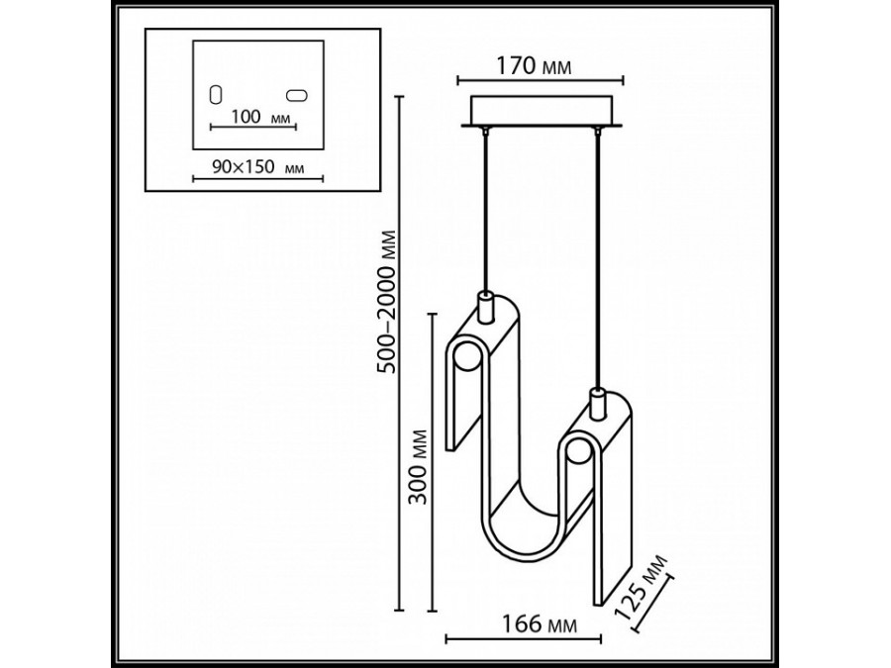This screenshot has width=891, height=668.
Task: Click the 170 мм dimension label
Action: click(x=535, y=66)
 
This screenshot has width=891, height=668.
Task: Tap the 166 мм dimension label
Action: click(x=539, y=624)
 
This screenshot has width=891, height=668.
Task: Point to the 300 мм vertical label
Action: click(x=420, y=466)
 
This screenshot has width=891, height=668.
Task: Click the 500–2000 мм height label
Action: click(x=388, y=301)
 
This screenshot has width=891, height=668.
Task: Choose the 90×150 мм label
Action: click(x=257, y=167)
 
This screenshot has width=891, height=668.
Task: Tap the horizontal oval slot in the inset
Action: click(x=297, y=95)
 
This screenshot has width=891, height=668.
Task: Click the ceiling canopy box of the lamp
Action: click(x=543, y=111)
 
